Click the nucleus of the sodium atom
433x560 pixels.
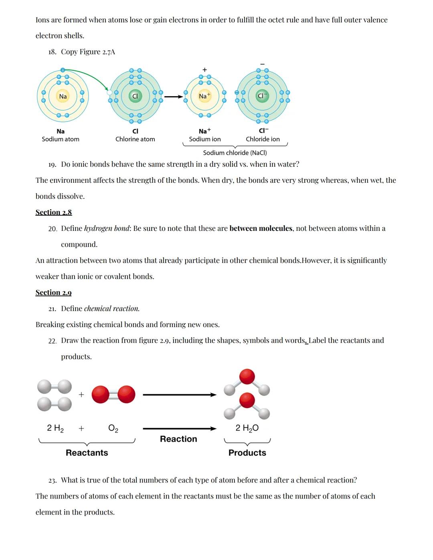coord(63,96)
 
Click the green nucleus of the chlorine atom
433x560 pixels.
coord(135,96)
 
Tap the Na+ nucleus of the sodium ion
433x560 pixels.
coord(204,96)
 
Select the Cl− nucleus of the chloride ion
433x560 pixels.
coord(262,96)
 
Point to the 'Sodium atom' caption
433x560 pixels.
coord(61,139)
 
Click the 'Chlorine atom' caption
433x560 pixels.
coord(135,139)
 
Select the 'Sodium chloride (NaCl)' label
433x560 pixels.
coord(235,153)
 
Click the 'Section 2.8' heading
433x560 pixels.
coord(54,212)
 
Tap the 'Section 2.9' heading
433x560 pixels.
coord(54,293)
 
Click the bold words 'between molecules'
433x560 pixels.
coord(261,228)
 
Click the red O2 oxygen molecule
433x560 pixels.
coord(113,394)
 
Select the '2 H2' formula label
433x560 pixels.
coord(55,428)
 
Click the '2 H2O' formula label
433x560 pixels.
coord(247,428)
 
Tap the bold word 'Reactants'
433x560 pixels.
coord(87,453)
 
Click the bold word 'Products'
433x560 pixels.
coord(247,453)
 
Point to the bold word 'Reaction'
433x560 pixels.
coord(178,439)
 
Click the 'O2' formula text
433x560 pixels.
coord(113,428)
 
